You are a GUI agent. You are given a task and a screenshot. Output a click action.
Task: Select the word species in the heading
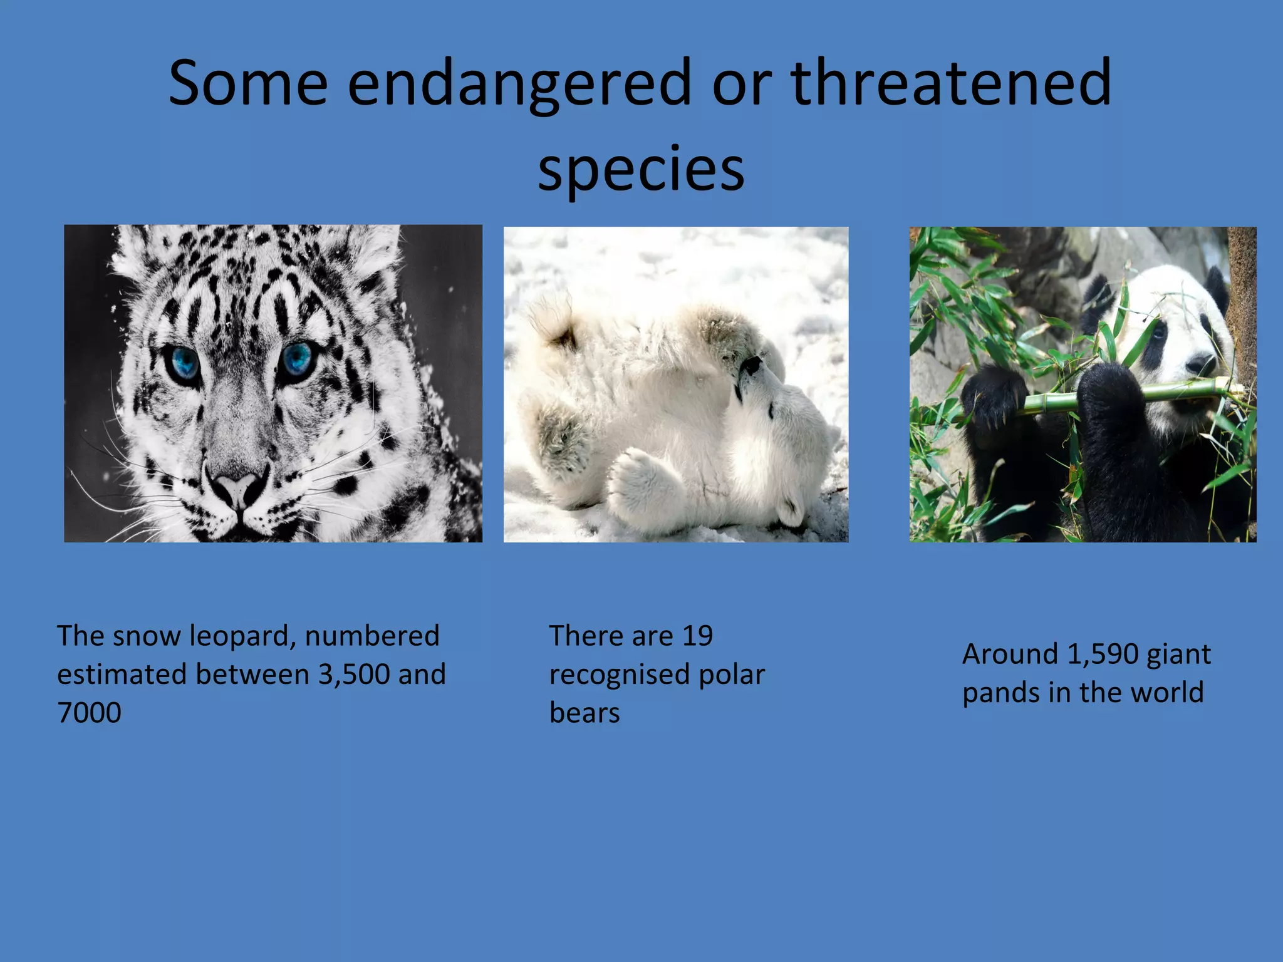[x=641, y=169]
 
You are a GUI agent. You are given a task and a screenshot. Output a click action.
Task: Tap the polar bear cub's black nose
[x=751, y=365]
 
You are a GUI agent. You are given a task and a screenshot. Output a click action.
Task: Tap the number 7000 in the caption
[x=89, y=713]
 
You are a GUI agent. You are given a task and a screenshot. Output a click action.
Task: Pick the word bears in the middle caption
[x=584, y=713]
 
